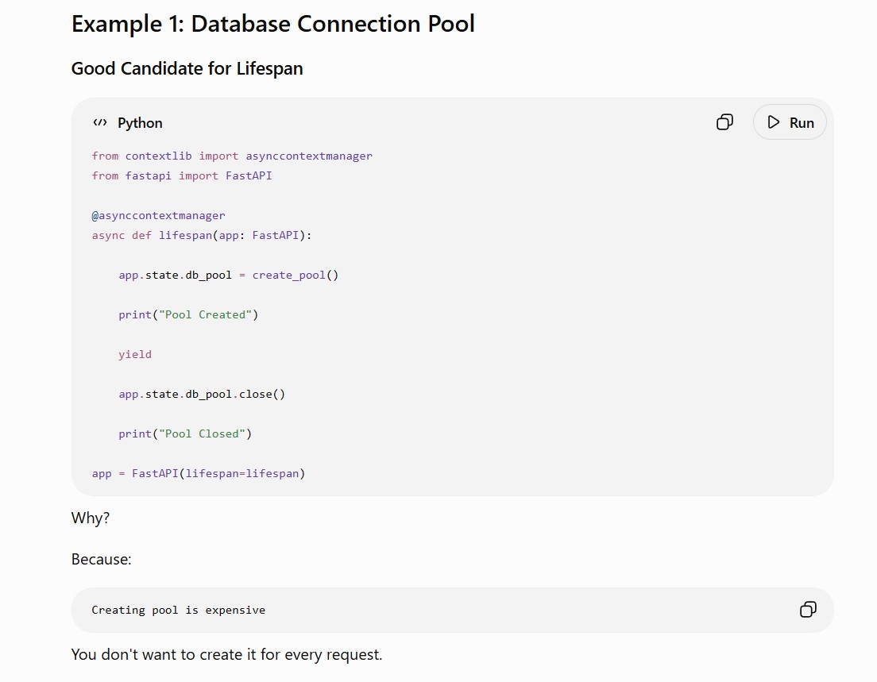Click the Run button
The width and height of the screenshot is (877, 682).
[x=790, y=122]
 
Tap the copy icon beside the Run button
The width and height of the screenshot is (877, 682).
[x=724, y=122]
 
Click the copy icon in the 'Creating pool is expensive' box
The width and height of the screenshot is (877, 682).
[x=808, y=609]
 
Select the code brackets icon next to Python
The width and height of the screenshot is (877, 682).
[x=100, y=122]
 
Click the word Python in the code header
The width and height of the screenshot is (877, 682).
[x=140, y=123]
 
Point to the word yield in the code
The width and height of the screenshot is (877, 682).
[x=135, y=354]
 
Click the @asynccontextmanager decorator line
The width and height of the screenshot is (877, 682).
[x=158, y=215]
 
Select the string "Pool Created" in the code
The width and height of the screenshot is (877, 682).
[x=206, y=314]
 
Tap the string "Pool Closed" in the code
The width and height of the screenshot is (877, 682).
[x=203, y=433]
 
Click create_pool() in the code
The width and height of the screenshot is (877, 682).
[x=296, y=275]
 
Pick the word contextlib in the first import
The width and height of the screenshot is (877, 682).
[x=158, y=156]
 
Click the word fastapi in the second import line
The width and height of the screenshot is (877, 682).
[x=149, y=175]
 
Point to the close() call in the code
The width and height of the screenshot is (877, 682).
[x=262, y=394]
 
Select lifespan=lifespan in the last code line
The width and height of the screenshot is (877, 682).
[x=243, y=473]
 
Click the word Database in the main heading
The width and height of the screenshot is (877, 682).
[x=240, y=24]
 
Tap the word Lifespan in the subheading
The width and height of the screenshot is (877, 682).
[x=269, y=69]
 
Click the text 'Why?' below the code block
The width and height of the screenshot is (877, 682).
[x=91, y=518]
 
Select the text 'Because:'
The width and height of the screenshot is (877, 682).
[x=101, y=560]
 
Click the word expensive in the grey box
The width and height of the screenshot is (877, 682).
[x=235, y=610]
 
